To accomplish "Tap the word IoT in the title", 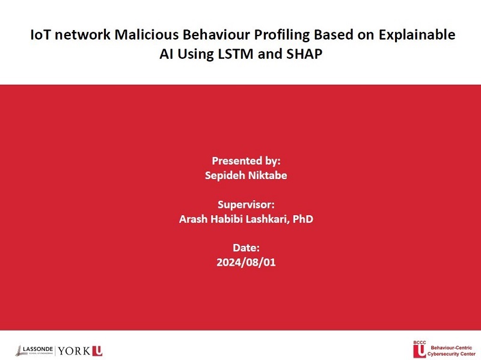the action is tap(40, 35).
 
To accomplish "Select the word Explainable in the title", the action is tap(417, 35).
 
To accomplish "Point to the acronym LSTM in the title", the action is tap(236, 54).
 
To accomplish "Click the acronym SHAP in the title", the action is tap(304, 54).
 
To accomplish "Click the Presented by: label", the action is tap(246, 161).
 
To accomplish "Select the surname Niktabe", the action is tap(267, 175).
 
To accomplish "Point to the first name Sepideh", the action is tap(225, 176).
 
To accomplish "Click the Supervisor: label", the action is tap(246, 205).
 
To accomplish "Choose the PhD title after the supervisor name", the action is tap(303, 219).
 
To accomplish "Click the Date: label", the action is tap(246, 248).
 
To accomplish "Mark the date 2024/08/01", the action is tap(246, 263).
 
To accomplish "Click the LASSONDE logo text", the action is tap(38, 349).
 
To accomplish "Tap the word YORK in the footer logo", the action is tap(73, 351).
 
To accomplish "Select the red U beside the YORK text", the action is tap(97, 351).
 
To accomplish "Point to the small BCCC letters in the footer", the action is tap(419, 343).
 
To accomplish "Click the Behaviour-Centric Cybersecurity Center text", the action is tap(451, 351).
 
